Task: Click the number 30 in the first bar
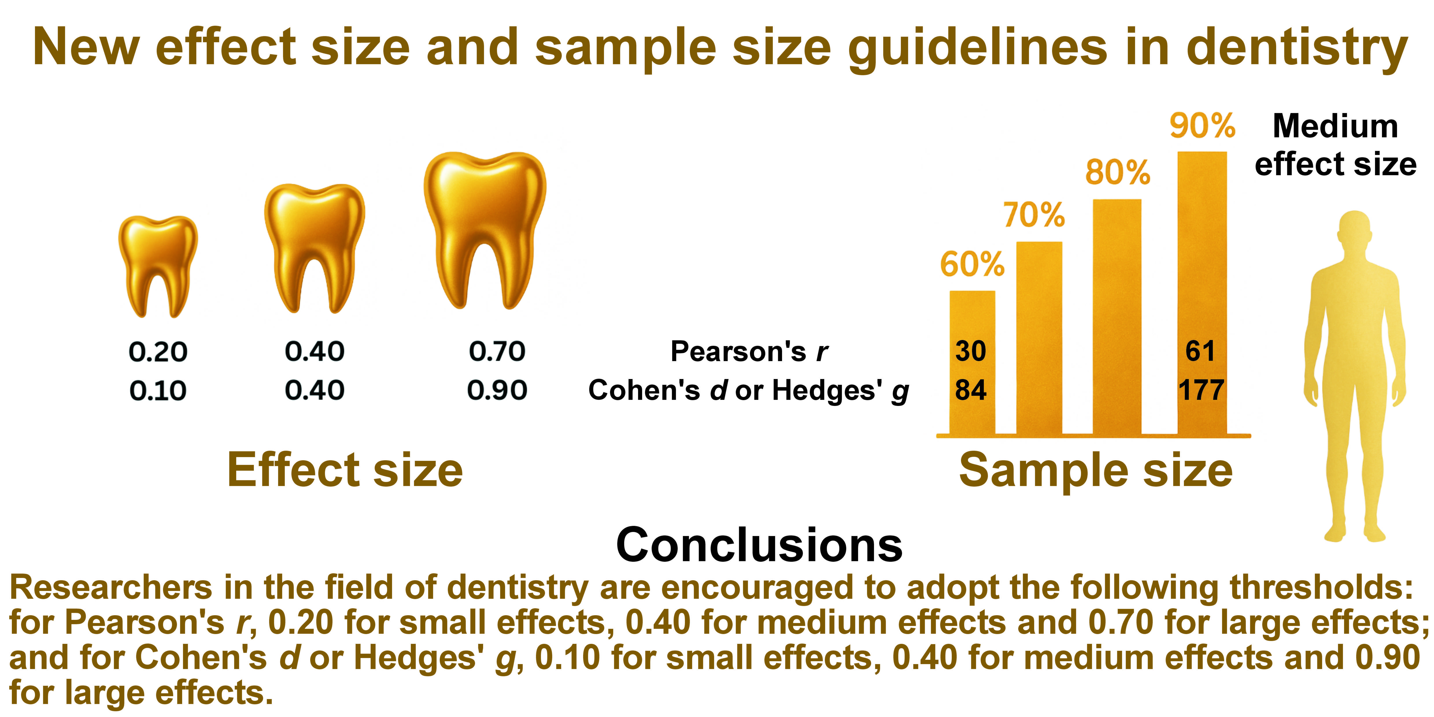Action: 971,351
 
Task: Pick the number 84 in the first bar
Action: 971,390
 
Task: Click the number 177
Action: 1201,390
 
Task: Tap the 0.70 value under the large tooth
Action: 497,351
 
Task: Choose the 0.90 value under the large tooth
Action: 497,390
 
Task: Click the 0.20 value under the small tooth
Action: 158,352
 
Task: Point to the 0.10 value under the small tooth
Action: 158,391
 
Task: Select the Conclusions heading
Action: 759,545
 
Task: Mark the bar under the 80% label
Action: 1117,317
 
